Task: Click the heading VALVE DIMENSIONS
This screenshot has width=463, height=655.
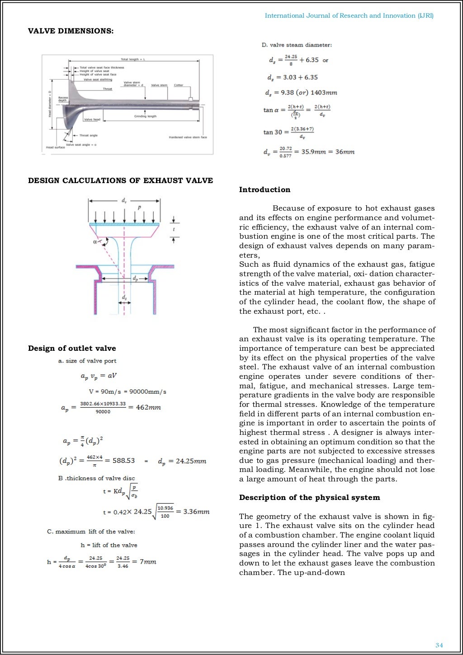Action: pos(71,31)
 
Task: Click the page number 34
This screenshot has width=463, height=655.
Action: pos(439,645)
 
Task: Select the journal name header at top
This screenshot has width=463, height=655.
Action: pos(349,16)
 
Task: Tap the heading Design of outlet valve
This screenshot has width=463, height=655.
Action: pos(72,349)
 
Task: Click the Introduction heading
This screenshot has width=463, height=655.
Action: pos(265,190)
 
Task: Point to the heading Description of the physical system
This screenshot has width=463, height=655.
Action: pos(309,498)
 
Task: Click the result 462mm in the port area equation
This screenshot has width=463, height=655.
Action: pos(148,407)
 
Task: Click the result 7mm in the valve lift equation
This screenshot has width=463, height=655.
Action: pos(148,562)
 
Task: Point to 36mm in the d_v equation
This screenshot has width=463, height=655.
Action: pos(345,152)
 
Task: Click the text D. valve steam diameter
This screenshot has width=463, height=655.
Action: pos(297,45)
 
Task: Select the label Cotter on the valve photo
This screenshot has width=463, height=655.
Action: pos(179,85)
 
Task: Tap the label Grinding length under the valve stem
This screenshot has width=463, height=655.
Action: pos(145,116)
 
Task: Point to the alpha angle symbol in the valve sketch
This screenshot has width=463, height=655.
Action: pos(95,242)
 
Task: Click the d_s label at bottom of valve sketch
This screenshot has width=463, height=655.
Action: pos(124,298)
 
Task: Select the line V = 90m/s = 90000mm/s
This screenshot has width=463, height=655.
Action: pos(128,392)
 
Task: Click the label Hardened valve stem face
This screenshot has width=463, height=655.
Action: pos(188,137)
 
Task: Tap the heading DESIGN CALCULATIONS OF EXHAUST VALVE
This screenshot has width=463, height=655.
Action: pos(120,181)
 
